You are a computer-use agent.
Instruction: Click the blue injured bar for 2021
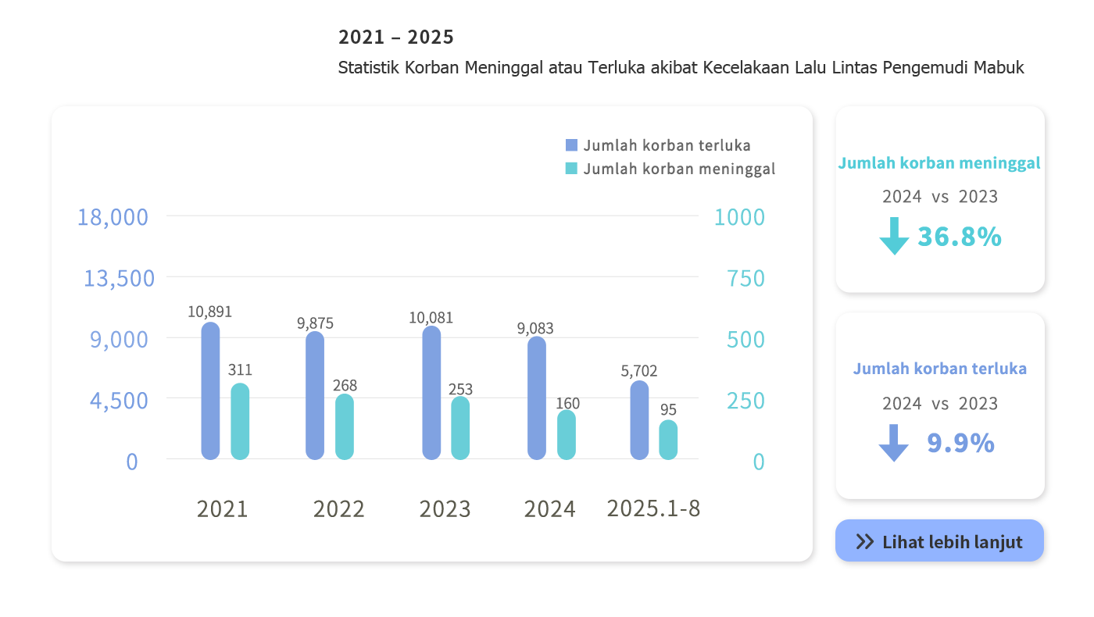pos(210,391)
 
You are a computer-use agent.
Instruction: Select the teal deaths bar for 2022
pos(345,426)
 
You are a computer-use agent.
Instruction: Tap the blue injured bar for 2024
pos(537,398)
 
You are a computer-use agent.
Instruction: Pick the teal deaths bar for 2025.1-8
pos(668,440)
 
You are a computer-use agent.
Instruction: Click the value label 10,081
pos(431,318)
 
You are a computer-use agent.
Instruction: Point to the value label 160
pos(568,403)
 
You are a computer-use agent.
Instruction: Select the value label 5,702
pos(639,371)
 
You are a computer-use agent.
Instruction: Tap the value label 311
pos(240,370)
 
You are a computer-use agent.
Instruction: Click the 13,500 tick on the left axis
pos(120,278)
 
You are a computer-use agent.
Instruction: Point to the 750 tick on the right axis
pos(745,278)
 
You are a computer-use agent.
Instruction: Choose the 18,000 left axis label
pos(113,217)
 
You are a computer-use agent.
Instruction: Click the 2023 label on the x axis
pos(445,509)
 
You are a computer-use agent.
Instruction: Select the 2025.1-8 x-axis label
pos(653,508)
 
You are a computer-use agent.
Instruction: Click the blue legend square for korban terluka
pos(571,145)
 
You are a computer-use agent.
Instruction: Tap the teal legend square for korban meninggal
pos(571,169)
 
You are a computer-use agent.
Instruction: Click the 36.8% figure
pos(959,237)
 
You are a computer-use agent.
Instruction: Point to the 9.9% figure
pos(960,443)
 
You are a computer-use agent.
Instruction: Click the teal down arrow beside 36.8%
pos(894,236)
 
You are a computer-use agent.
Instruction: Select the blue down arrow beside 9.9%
pos(894,443)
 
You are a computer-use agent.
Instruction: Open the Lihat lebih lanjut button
pos(939,541)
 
